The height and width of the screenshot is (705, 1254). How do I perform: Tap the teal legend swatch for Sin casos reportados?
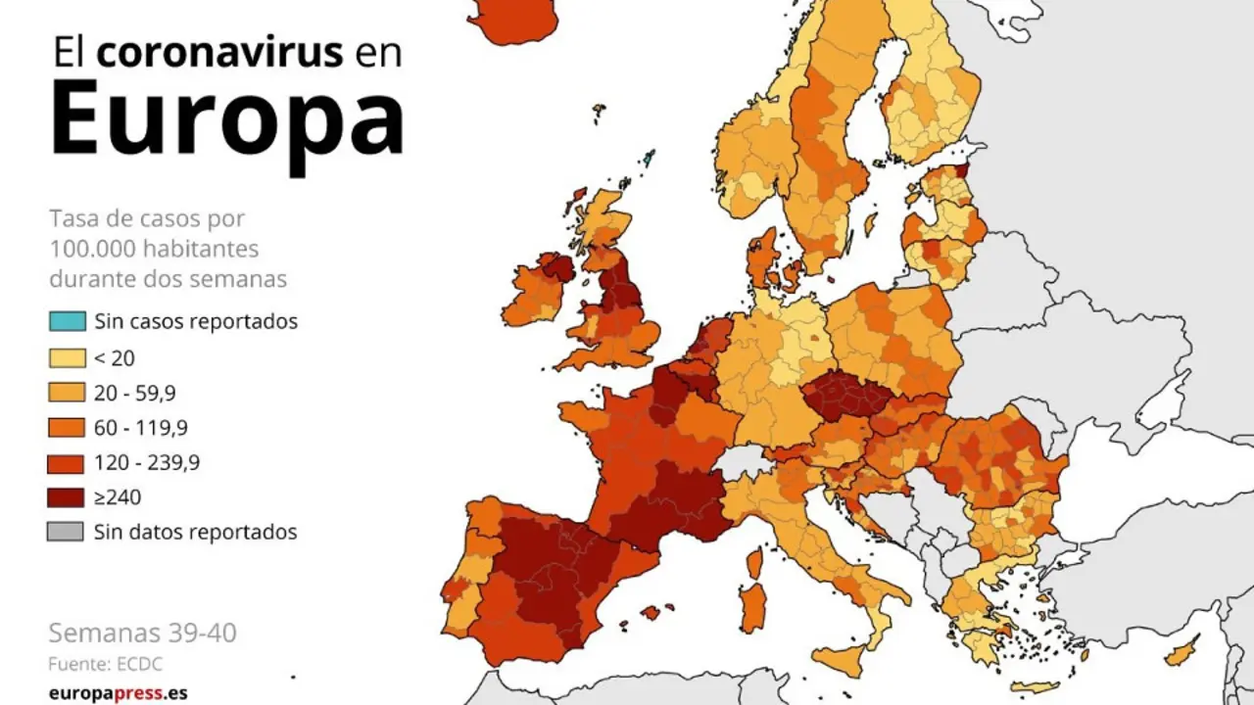(67, 321)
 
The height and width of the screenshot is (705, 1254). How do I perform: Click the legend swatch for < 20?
(67, 357)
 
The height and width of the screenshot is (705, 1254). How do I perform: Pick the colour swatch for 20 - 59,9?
(67, 393)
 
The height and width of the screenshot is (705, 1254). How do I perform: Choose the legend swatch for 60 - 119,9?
(67, 428)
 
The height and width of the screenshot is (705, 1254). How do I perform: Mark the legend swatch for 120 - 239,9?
(67, 462)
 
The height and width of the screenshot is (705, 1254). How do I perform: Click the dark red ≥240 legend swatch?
(67, 497)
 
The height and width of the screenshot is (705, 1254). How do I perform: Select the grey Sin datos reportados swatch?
(67, 533)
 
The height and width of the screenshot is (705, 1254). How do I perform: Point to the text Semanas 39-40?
(142, 633)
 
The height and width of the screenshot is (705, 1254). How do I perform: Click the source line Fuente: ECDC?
(105, 664)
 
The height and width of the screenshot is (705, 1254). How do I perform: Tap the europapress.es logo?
(118, 693)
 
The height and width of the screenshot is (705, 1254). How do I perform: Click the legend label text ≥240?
(118, 497)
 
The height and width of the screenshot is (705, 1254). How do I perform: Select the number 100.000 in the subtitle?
(92, 248)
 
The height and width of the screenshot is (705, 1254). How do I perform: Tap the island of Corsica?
(754, 563)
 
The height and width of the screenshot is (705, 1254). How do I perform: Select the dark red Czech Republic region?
(844, 397)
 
